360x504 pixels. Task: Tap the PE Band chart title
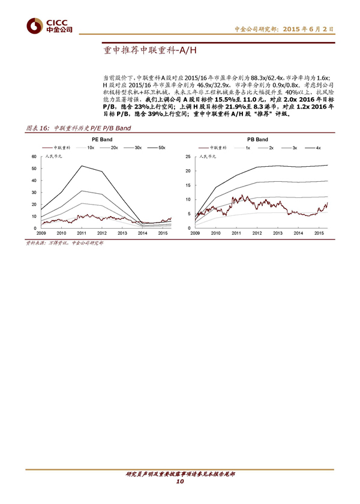pos(101,139)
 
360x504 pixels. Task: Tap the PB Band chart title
pos(257,139)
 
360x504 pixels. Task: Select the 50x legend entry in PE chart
pos(161,147)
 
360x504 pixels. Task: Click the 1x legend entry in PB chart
pos(247,147)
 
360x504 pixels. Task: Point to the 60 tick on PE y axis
pos(34,156)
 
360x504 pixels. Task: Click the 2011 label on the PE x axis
pos(81,233)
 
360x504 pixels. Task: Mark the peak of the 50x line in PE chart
pos(82,166)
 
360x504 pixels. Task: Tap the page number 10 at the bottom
pos(179,482)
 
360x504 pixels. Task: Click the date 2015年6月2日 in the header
pos(308,28)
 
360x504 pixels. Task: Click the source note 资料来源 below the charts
pos(63,242)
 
